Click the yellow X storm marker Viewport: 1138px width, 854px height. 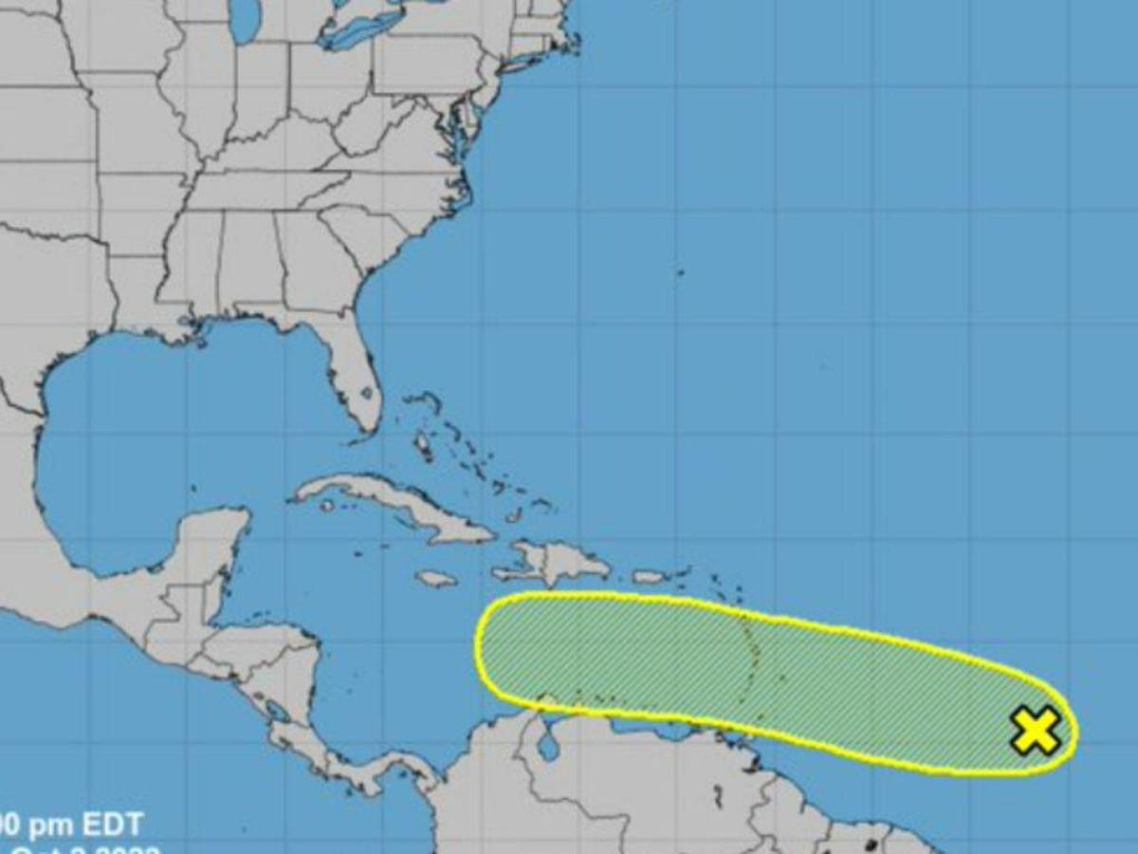pyautogui.click(x=1035, y=731)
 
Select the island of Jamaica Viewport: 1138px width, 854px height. pyautogui.click(x=435, y=578)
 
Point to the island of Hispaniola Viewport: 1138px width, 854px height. pyautogui.click(x=555, y=562)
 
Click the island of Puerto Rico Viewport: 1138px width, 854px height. pyautogui.click(x=651, y=576)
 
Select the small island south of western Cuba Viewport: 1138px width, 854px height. pyautogui.click(x=328, y=505)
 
